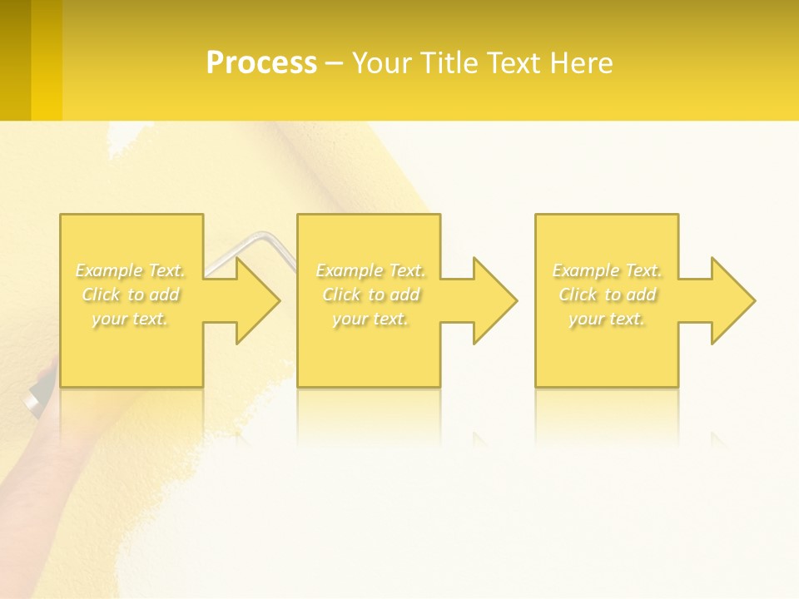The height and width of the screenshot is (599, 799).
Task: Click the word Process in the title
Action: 261,63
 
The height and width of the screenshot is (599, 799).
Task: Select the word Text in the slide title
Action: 514,63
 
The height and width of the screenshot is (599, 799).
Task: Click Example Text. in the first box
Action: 130,270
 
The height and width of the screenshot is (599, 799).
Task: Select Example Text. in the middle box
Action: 370,270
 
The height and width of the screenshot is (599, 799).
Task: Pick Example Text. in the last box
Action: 607,270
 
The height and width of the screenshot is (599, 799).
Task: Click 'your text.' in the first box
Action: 130,319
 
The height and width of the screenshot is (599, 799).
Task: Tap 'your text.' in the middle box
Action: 370,319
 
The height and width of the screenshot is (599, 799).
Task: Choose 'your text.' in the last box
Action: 607,319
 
